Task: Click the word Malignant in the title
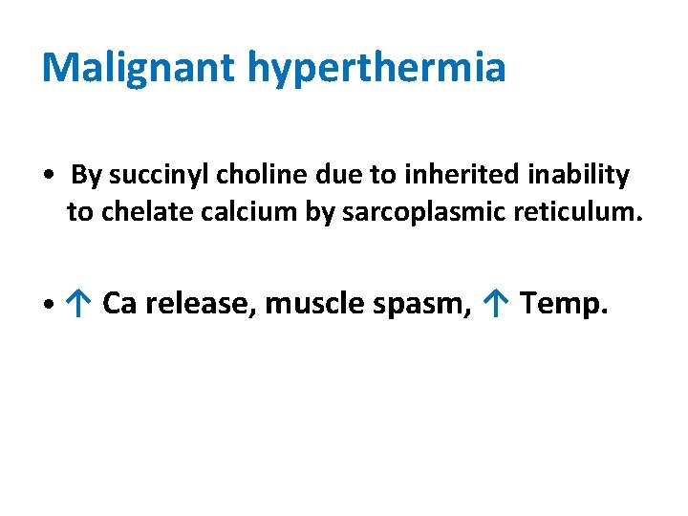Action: tap(139, 67)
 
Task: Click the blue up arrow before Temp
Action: tap(495, 304)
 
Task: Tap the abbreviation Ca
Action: tap(119, 304)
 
